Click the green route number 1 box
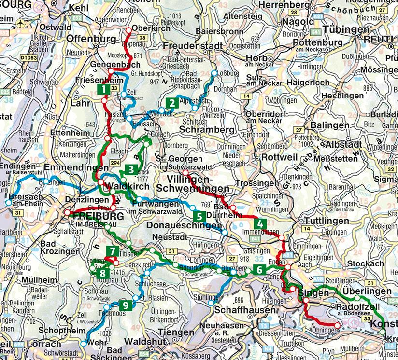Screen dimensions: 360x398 pyautogui.click(x=102, y=89)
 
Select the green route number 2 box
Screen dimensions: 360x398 pyautogui.click(x=171, y=103)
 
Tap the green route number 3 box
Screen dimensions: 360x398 pyautogui.click(x=130, y=169)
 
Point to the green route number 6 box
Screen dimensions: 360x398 pyautogui.click(x=259, y=270)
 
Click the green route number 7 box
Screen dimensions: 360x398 pyautogui.click(x=112, y=251)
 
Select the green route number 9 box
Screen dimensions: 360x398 pyautogui.click(x=125, y=305)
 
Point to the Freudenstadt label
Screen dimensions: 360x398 pyautogui.click(x=192, y=46)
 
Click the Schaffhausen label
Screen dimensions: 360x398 pyautogui.click(x=240, y=308)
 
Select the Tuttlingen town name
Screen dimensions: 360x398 pyautogui.click(x=325, y=221)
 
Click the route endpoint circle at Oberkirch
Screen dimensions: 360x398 pyautogui.click(x=129, y=30)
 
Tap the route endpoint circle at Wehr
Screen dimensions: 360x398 pyautogui.click(x=84, y=344)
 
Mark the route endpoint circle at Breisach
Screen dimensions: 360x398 pyautogui.click(x=8, y=203)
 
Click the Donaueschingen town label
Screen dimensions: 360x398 pyautogui.click(x=186, y=226)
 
